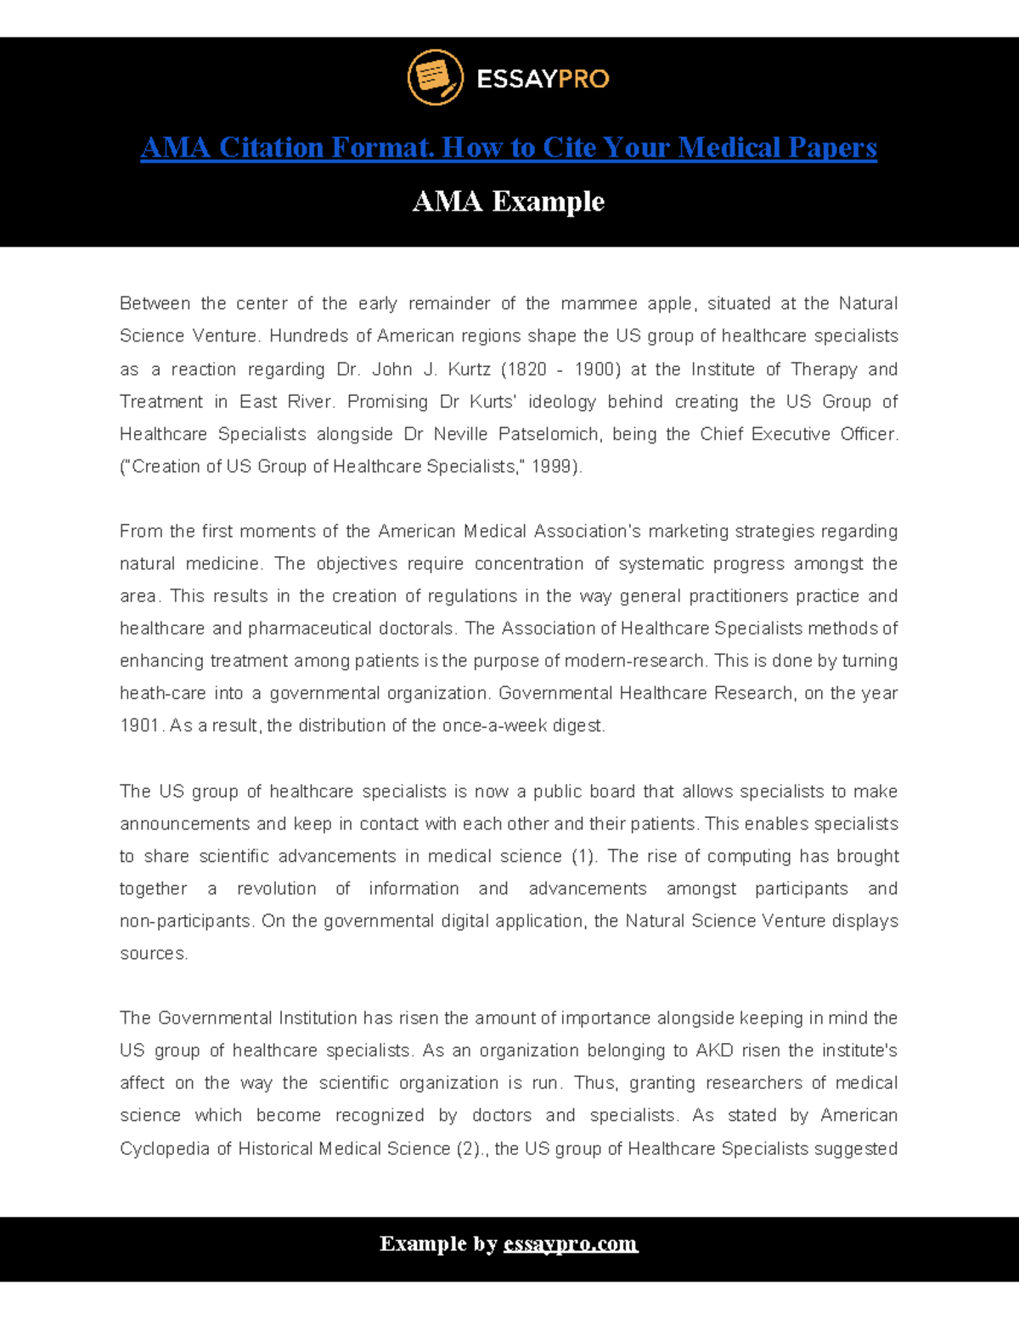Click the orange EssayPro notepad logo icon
[435, 77]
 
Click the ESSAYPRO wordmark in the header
[543, 79]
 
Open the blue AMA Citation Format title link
[508, 148]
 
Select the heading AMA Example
[508, 201]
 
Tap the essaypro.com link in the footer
[570, 1244]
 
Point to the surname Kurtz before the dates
[469, 369]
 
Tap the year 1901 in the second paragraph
[140, 725]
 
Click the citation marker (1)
[583, 856]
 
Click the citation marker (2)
[470, 1148]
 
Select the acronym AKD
[714, 1051]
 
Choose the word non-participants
[185, 921]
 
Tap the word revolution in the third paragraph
[276, 888]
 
